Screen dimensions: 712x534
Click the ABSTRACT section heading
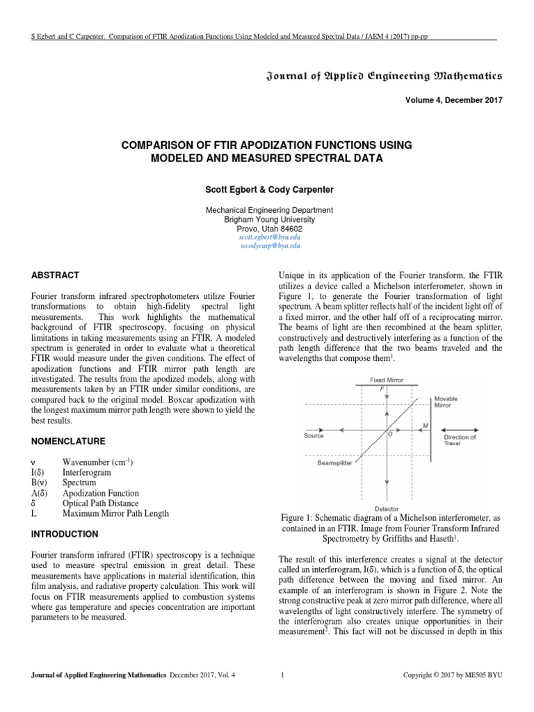(54, 275)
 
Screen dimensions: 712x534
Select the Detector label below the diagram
(386, 508)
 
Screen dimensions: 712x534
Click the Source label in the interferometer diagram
(314, 436)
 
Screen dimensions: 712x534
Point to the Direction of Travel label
(460, 439)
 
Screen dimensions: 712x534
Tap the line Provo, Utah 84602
(268, 228)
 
